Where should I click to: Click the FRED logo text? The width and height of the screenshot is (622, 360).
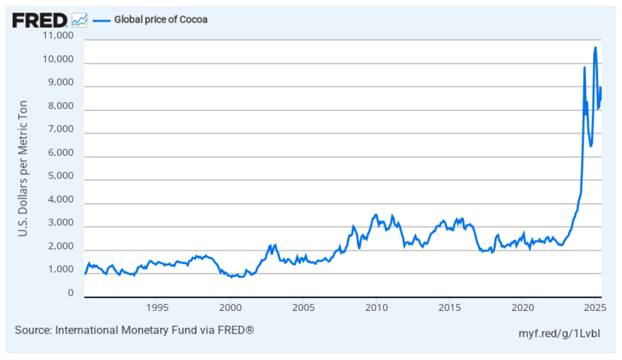pyautogui.click(x=39, y=20)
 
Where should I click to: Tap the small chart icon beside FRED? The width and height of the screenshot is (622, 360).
pyautogui.click(x=79, y=20)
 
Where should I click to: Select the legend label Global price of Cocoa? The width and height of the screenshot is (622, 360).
pyautogui.click(x=160, y=20)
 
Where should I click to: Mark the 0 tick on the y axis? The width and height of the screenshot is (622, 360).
pyautogui.click(x=71, y=293)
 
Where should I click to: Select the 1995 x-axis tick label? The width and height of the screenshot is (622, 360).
pyautogui.click(x=157, y=308)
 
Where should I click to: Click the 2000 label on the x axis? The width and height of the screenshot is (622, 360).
pyautogui.click(x=230, y=308)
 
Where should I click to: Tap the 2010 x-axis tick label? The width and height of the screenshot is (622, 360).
pyautogui.click(x=377, y=308)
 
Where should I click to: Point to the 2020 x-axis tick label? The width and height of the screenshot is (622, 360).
pyautogui.click(x=522, y=308)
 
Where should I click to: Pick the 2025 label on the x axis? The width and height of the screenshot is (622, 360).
pyautogui.click(x=595, y=308)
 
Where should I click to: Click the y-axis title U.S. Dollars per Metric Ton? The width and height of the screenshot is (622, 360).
pyautogui.click(x=23, y=168)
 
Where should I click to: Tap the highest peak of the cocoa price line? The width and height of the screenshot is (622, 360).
pyautogui.click(x=595, y=48)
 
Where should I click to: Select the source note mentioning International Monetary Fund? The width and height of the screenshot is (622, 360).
pyautogui.click(x=134, y=330)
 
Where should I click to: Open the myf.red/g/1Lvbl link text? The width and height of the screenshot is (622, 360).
pyautogui.click(x=558, y=332)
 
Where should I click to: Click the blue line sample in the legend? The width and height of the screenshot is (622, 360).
pyautogui.click(x=102, y=20)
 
